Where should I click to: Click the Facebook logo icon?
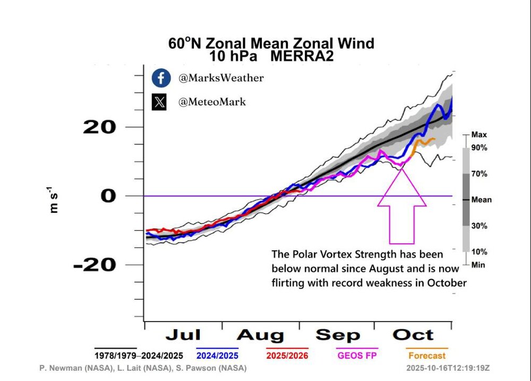[160, 78]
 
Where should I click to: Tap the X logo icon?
[160, 101]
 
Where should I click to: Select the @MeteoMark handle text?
[212, 101]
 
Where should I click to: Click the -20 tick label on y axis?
[95, 264]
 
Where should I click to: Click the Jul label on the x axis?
[183, 335]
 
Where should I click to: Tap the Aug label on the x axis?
[260, 335]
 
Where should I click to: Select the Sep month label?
[338, 335]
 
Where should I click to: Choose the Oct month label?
[413, 335]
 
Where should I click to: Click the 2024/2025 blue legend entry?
[217, 355]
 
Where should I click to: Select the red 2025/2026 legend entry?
[286, 355]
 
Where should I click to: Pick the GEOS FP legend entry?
[357, 355]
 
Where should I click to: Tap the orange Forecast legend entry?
[427, 355]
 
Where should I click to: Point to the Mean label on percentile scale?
[481, 200]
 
